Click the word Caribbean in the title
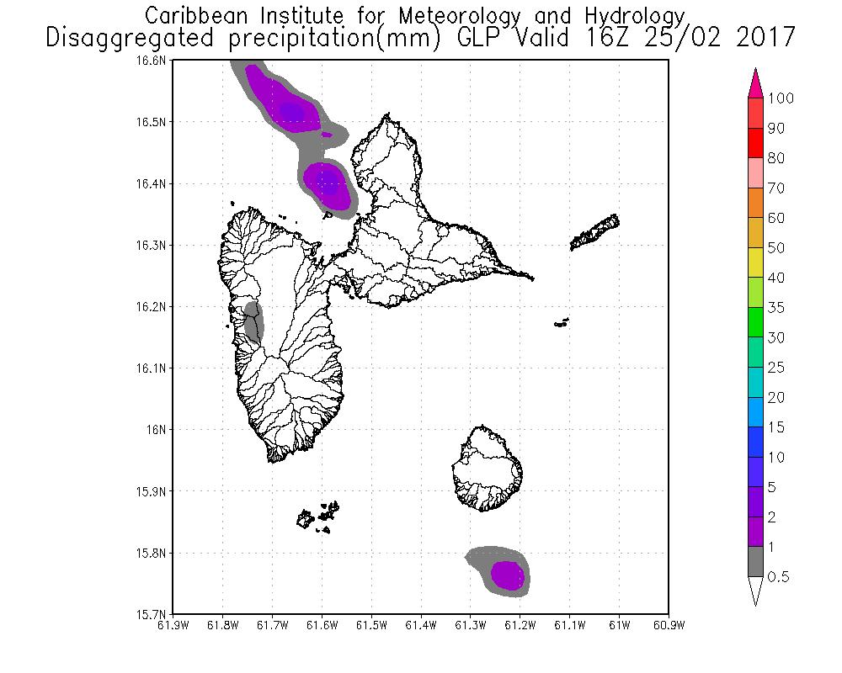tap(193, 16)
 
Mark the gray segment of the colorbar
tap(755, 562)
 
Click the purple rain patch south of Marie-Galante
tap(508, 575)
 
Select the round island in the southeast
tap(488, 468)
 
